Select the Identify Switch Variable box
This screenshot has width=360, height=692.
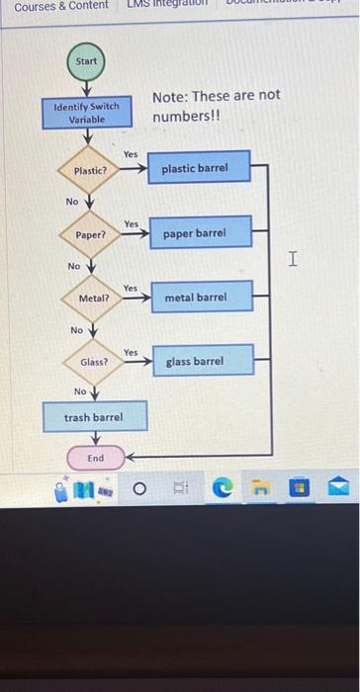tap(87, 113)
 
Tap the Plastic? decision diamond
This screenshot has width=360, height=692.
tap(91, 171)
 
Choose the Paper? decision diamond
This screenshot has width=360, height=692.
tap(91, 235)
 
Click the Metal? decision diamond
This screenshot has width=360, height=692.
tap(94, 298)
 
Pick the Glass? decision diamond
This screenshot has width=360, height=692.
tap(95, 362)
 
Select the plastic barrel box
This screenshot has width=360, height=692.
tap(195, 168)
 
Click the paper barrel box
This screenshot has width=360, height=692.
tap(195, 233)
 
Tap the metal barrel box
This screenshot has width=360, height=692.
tap(195, 297)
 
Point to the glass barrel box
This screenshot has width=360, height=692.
tap(195, 362)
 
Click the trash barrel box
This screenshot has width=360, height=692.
tap(94, 417)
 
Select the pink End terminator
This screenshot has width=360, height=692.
tap(95, 459)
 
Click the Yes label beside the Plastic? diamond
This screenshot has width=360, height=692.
tap(131, 153)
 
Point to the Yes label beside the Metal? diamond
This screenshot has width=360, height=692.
tap(131, 288)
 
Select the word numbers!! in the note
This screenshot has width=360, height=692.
tap(182, 118)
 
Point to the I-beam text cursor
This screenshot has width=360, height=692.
tap(292, 259)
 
